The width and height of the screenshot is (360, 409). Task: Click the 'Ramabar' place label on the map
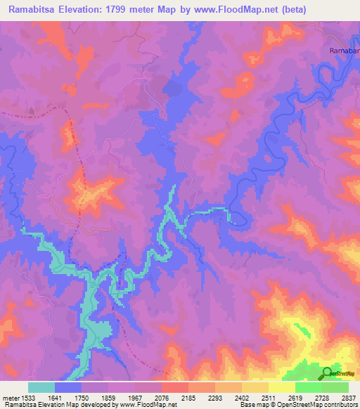(344, 51)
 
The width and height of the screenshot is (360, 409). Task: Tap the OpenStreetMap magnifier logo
(328, 373)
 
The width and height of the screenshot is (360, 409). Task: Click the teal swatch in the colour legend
(41, 387)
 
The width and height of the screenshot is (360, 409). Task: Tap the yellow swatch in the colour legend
(282, 387)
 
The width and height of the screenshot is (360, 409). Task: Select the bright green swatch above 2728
(309, 387)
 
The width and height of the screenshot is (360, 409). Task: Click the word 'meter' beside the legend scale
(13, 397)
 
